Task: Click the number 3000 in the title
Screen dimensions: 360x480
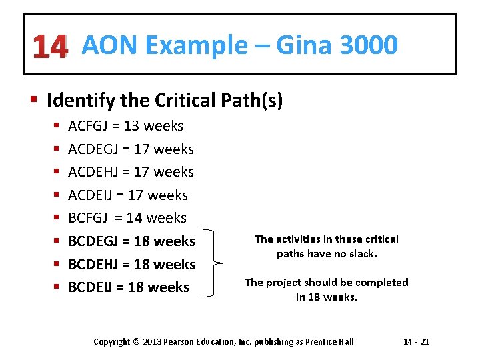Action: point(368,45)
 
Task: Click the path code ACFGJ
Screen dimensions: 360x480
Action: point(91,126)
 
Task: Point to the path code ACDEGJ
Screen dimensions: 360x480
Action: point(95,149)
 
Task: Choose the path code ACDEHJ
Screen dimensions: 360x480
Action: point(95,172)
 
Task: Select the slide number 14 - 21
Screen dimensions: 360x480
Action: point(417,342)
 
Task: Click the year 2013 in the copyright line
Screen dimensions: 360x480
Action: point(154,342)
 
